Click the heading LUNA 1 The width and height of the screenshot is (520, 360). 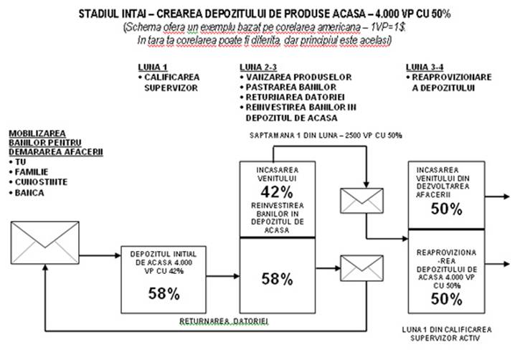tap(151, 66)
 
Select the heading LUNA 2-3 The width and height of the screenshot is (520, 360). tap(257, 66)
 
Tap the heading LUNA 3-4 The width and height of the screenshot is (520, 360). tap(424, 66)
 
